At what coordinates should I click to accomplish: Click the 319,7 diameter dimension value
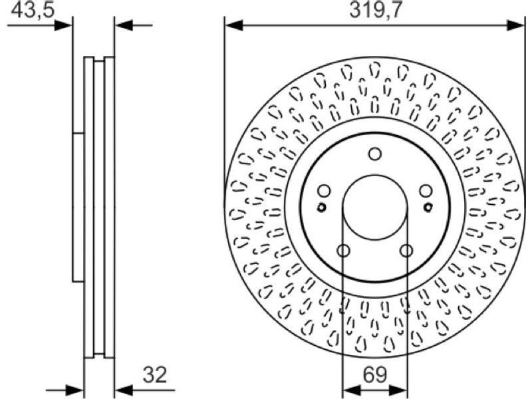pyautogui.click(x=376, y=10)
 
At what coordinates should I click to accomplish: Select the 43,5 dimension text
pyautogui.click(x=33, y=10)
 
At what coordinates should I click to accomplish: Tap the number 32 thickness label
pyautogui.click(x=155, y=375)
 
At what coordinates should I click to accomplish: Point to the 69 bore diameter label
pyautogui.click(x=375, y=375)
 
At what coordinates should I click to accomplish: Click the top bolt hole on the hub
pyautogui.click(x=375, y=154)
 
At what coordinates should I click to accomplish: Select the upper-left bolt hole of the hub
pyautogui.click(x=324, y=191)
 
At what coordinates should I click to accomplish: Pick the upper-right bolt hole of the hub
pyautogui.click(x=426, y=191)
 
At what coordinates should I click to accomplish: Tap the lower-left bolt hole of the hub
pyautogui.click(x=343, y=251)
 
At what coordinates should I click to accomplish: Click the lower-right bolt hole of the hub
pyautogui.click(x=406, y=251)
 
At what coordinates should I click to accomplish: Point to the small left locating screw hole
pyautogui.click(x=321, y=207)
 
